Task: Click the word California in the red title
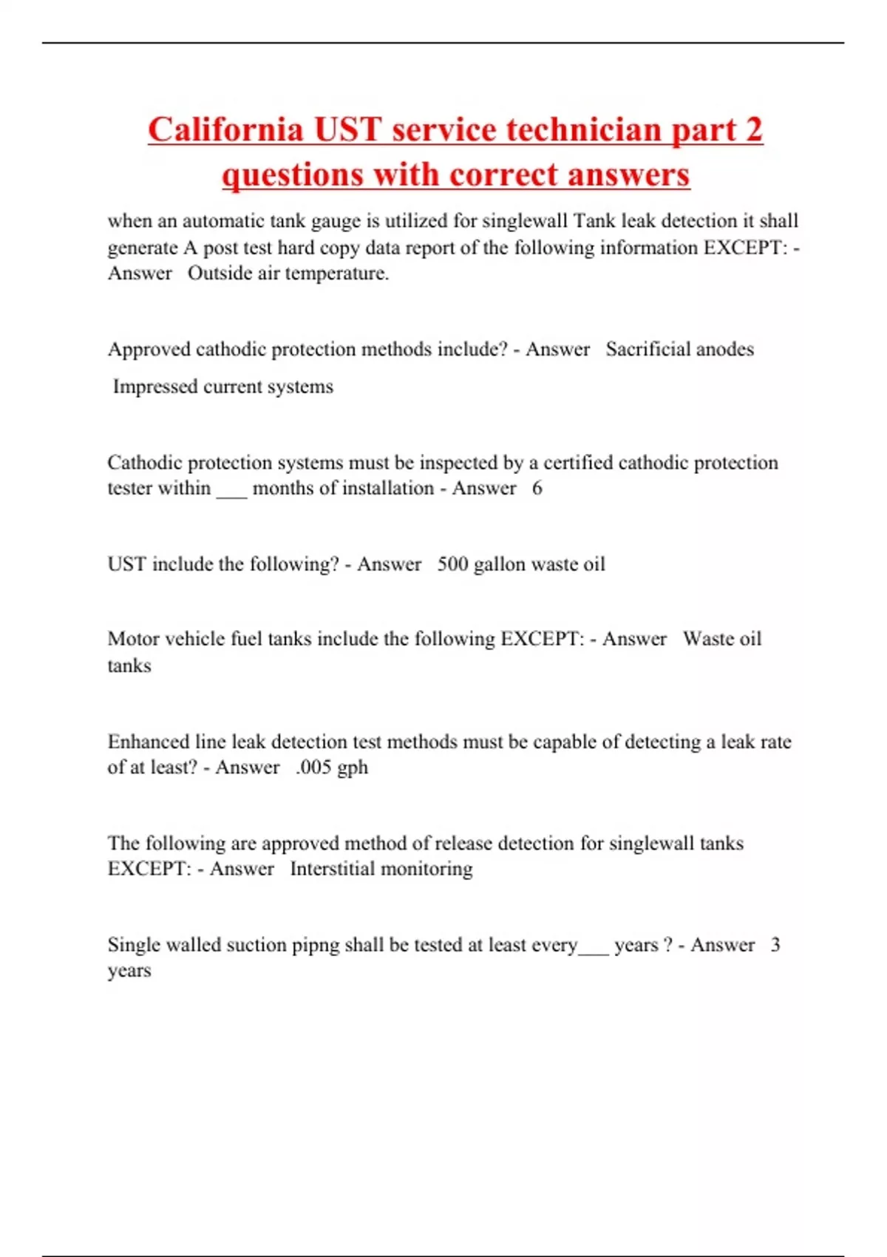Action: coord(225,129)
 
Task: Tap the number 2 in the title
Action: coord(753,129)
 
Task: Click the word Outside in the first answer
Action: coord(220,274)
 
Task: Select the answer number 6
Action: coord(537,488)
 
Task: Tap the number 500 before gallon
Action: coord(452,564)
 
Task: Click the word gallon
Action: coord(500,565)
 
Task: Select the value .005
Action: coord(313,768)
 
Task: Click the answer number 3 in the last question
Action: coord(775,945)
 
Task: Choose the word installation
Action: coord(385,488)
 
